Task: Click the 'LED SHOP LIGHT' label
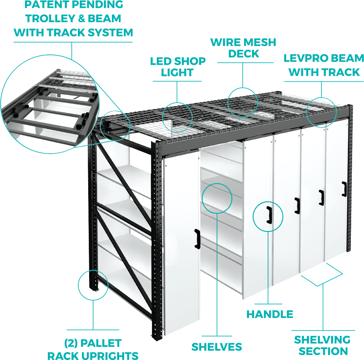pyautogui.click(x=178, y=67)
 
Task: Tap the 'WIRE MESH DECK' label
pyautogui.click(x=243, y=48)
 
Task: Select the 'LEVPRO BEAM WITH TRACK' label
pyautogui.click(x=324, y=65)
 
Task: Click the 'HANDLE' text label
pyautogui.click(x=270, y=314)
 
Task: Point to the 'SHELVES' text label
pyautogui.click(x=216, y=347)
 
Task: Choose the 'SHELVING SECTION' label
pyautogui.click(x=322, y=345)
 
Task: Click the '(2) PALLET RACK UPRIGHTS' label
pyautogui.click(x=93, y=349)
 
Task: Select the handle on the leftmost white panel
pyautogui.click(x=197, y=239)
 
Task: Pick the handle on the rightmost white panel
pyautogui.click(x=344, y=189)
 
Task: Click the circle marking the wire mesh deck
pyautogui.click(x=243, y=102)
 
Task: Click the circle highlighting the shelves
pyautogui.click(x=217, y=198)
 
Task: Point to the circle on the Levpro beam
pyautogui.click(x=321, y=112)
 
